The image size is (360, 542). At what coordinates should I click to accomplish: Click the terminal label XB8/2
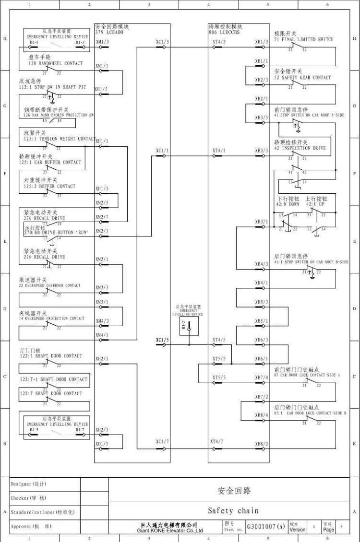262,444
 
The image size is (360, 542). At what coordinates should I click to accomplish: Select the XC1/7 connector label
162,441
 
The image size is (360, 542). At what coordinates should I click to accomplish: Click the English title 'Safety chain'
233,511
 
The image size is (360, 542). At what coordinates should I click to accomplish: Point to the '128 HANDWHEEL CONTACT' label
55,63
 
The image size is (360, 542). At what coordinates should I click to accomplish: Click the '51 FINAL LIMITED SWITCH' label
304,40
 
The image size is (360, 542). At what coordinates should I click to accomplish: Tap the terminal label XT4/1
219,151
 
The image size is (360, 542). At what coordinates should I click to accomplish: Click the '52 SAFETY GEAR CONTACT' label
302,77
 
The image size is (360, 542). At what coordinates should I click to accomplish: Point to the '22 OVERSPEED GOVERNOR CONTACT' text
50,286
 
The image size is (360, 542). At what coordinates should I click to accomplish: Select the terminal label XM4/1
102,335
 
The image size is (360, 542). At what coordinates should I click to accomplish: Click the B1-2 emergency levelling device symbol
189,326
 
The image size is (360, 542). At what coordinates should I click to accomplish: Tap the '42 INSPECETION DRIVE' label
300,148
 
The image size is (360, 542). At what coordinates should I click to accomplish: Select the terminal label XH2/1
102,358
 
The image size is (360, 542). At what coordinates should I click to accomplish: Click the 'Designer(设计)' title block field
29,483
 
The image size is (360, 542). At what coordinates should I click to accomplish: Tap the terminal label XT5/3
219,377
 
